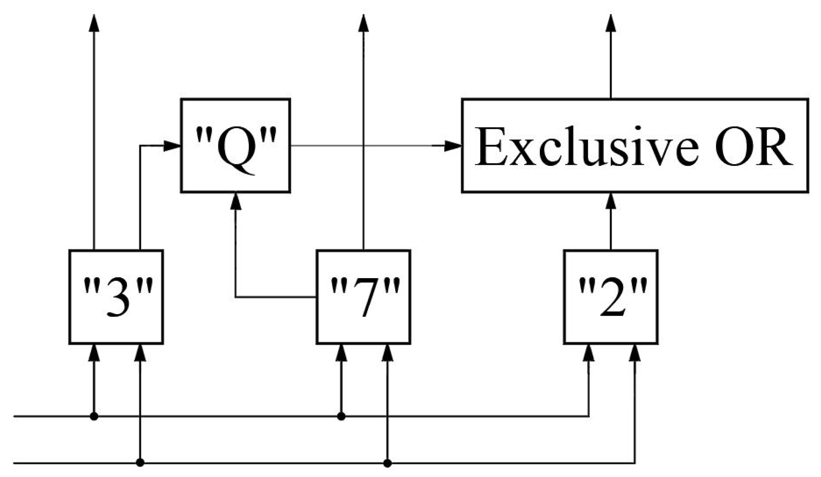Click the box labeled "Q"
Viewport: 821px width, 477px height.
(235, 146)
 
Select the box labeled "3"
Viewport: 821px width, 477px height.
(116, 297)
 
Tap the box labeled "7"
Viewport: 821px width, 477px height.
(363, 297)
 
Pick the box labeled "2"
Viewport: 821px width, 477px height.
(611, 297)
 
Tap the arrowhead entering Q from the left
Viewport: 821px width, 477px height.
(172, 146)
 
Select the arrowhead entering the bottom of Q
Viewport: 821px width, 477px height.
(236, 202)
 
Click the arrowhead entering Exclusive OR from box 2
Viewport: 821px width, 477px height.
(611, 202)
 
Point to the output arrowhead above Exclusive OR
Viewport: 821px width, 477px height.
(611, 23)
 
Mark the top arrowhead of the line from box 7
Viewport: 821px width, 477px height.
(363, 23)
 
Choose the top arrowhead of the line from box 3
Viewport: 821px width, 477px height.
(94, 23)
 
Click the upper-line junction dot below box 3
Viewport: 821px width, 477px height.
(94, 416)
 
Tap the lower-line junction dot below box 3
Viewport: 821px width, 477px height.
(140, 462)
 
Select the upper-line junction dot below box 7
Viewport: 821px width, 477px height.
(341, 416)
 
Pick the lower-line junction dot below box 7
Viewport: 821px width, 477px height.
(387, 462)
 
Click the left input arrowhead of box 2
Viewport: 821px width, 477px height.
(589, 353)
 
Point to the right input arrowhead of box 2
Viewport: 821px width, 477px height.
(635, 353)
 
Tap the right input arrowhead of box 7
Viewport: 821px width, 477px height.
(387, 353)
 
